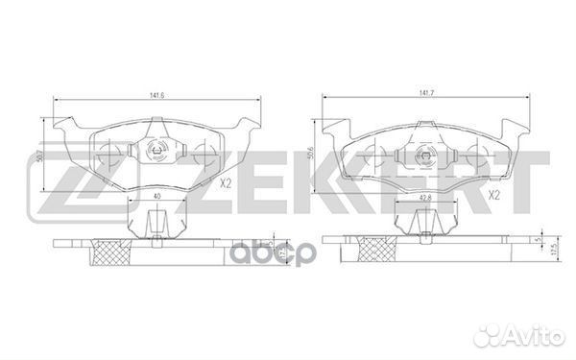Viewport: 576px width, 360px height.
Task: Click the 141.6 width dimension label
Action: pos(152,94)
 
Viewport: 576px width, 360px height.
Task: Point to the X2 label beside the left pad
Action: pos(227,184)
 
